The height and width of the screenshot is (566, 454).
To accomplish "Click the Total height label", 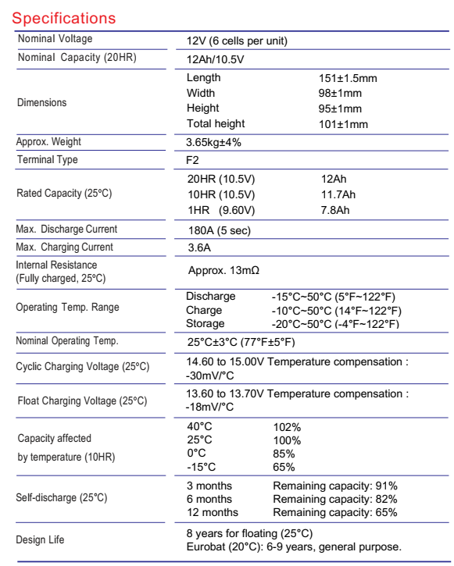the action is coord(216,123).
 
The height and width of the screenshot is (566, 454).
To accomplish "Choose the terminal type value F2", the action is coord(193,161).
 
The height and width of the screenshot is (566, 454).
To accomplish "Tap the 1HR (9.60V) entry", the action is coord(221,208).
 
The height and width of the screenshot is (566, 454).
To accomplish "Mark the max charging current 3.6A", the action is coord(198,248).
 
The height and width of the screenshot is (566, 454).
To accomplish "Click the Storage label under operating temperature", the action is coord(206,323).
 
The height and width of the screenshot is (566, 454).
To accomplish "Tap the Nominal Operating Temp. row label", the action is coord(66,340).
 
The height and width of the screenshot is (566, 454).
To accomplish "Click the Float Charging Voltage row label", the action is coord(82,401).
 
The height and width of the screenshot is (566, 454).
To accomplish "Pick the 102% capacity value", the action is coord(287,427).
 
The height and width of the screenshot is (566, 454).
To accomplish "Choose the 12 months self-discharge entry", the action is coord(213,512).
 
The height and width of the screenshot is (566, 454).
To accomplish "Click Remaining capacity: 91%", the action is coord(335,486).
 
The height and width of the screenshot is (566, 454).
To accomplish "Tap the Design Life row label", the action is coord(41,540).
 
